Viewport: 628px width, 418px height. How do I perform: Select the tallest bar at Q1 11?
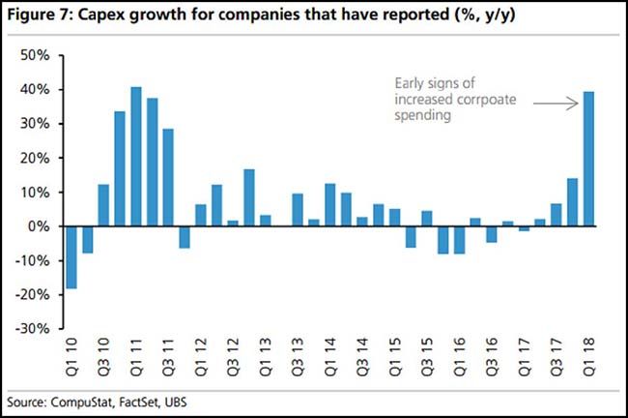point(136,156)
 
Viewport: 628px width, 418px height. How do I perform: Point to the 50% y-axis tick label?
point(36,55)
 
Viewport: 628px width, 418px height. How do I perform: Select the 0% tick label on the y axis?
point(40,225)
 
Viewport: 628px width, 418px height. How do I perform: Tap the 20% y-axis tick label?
point(36,158)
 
